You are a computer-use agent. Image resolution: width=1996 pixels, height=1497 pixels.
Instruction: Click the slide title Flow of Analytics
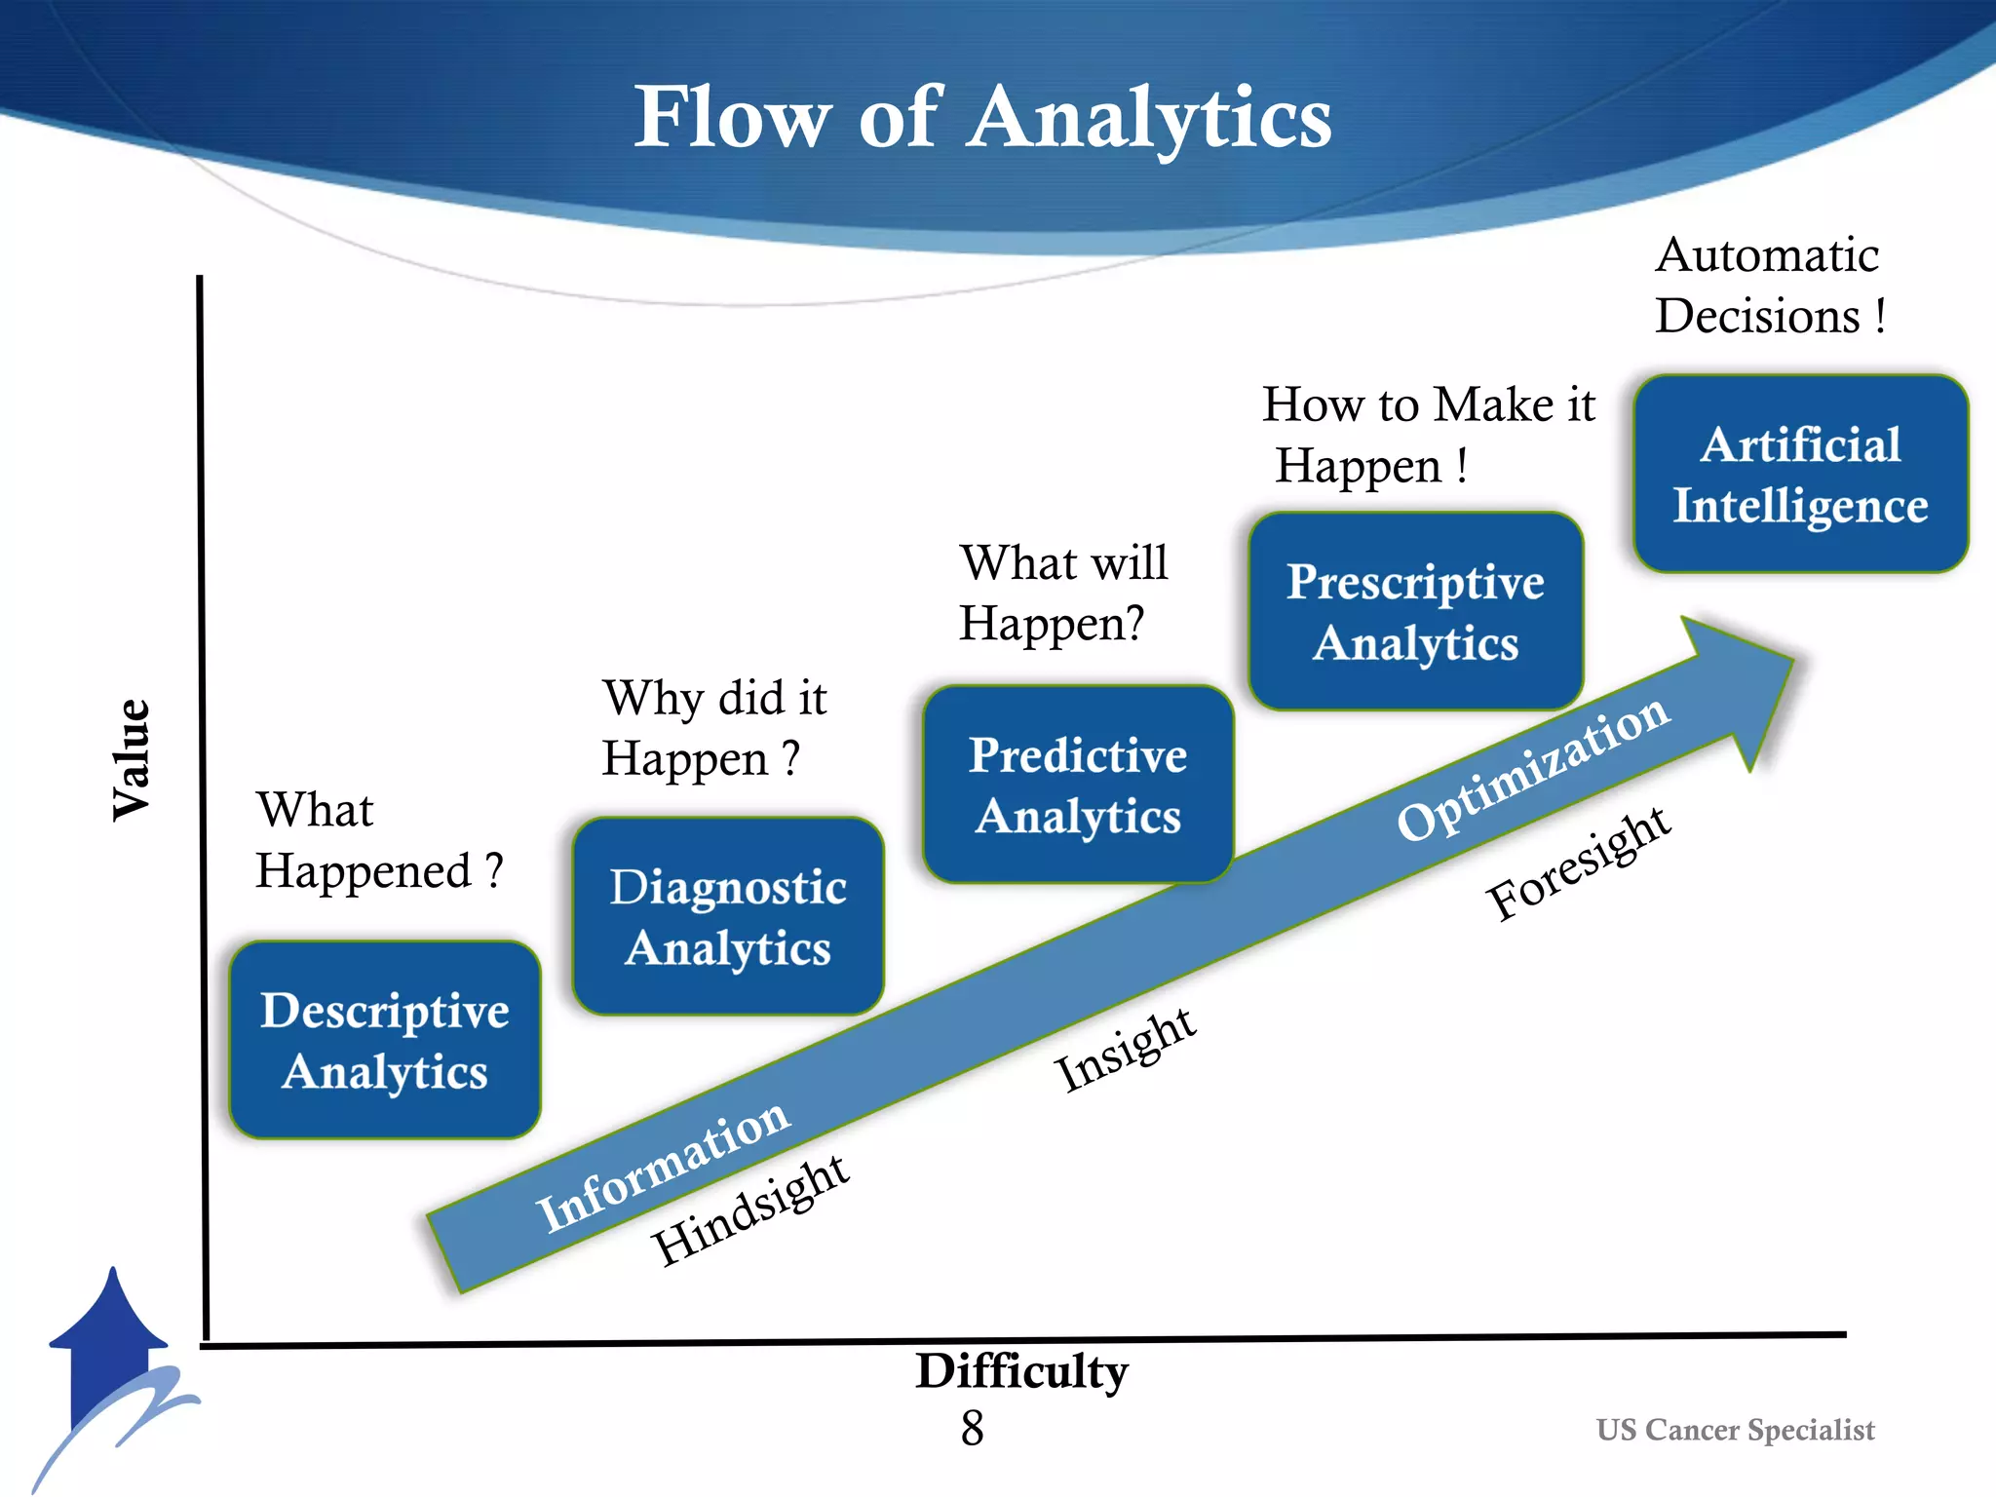982,117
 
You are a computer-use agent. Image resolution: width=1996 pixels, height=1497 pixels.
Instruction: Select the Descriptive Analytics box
385,1040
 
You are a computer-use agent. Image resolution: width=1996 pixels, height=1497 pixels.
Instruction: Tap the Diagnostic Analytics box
728,917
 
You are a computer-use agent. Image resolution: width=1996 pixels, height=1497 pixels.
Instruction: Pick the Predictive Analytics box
1078,785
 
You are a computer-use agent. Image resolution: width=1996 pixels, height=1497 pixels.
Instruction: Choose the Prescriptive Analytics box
1415,612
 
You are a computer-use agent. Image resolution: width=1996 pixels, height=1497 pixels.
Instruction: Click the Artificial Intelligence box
1800,475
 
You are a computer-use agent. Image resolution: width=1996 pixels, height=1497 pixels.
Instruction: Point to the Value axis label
132,759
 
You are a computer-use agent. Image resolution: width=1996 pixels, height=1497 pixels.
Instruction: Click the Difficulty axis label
1020,1371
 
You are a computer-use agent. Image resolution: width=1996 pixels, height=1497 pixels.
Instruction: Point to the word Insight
1125,1050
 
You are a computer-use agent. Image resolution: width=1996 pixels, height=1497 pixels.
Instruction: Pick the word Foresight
1578,864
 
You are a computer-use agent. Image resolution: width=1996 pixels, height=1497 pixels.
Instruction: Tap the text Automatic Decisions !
1769,286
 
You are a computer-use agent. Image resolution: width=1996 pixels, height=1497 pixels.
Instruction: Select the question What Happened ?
378,840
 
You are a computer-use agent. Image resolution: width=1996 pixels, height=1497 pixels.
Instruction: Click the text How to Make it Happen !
1427,435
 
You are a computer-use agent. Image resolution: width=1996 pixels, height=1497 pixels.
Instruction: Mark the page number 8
972,1429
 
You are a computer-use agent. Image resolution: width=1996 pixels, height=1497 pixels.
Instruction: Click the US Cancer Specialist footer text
1735,1430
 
